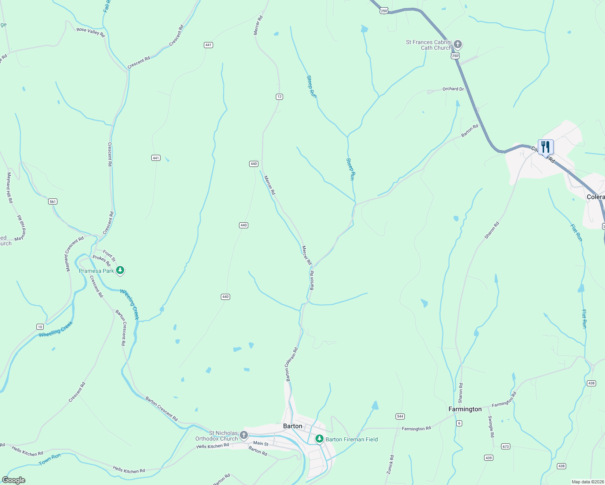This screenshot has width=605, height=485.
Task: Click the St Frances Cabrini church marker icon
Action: [458, 44]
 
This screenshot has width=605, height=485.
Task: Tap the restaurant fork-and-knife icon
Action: [546, 146]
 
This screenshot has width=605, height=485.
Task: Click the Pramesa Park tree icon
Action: [120, 270]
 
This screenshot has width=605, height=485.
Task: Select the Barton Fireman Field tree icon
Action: [319, 439]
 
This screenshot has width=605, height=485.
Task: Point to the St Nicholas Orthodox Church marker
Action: [243, 435]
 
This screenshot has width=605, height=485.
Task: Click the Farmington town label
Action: [465, 409]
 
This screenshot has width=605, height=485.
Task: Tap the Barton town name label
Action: [292, 426]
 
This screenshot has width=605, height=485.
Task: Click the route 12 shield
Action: [279, 97]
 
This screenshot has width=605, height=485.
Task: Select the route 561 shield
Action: [53, 201]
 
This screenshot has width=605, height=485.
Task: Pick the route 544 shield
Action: [400, 416]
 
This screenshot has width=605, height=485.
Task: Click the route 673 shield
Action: [506, 447]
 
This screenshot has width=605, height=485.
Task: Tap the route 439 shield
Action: [489, 458]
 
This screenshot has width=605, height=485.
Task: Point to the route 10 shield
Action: [40, 327]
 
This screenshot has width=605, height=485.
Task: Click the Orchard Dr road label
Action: [453, 89]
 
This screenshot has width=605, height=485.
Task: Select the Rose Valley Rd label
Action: [91, 32]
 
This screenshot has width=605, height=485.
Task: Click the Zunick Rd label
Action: [390, 464]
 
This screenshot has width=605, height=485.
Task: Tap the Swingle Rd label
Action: [491, 426]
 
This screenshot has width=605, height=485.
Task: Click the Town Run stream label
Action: [49, 459]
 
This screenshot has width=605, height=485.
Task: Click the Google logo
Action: [14, 480]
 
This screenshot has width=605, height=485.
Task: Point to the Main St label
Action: [261, 443]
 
